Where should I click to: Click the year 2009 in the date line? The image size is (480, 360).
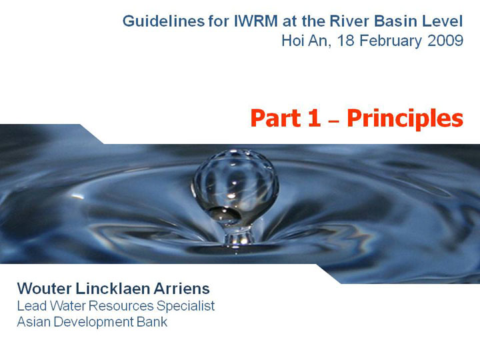(x=445, y=41)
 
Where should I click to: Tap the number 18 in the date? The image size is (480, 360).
(x=345, y=41)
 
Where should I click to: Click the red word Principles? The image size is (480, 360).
(x=405, y=119)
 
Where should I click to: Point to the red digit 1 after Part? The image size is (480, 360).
(x=315, y=118)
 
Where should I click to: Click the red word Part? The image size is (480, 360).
(x=275, y=118)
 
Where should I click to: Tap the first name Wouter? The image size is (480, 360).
(x=45, y=289)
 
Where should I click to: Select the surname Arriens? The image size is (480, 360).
(x=181, y=289)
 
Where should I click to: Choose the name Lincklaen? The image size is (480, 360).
(x=113, y=289)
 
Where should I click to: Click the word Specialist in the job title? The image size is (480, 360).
(x=185, y=306)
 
